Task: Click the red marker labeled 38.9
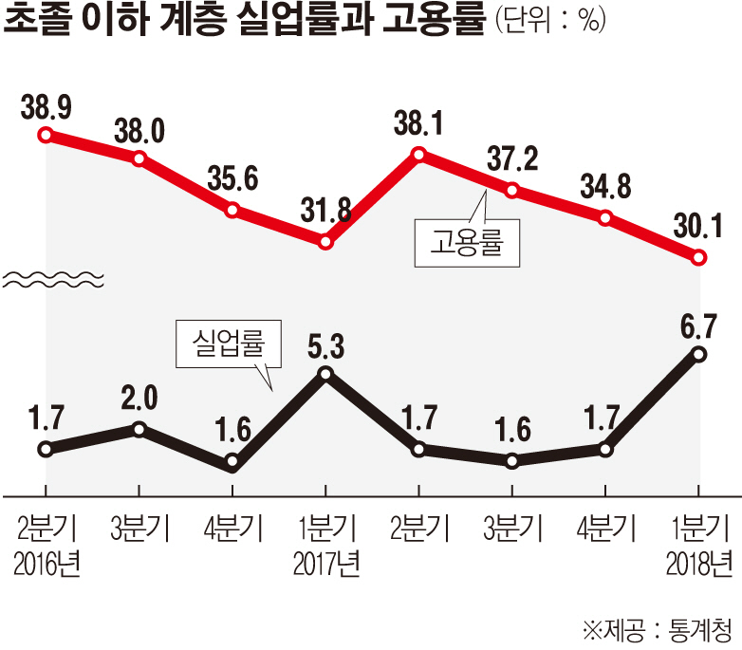[45, 135]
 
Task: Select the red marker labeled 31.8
[325, 242]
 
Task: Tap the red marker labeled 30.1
[699, 257]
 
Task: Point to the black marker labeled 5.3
[325, 373]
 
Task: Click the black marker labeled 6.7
[699, 354]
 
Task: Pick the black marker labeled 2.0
[139, 429]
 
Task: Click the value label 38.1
[419, 122]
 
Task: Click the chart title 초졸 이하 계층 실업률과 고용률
[243, 23]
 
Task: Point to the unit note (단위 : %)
[550, 25]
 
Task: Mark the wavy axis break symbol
[52, 278]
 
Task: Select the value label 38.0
[139, 128]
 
